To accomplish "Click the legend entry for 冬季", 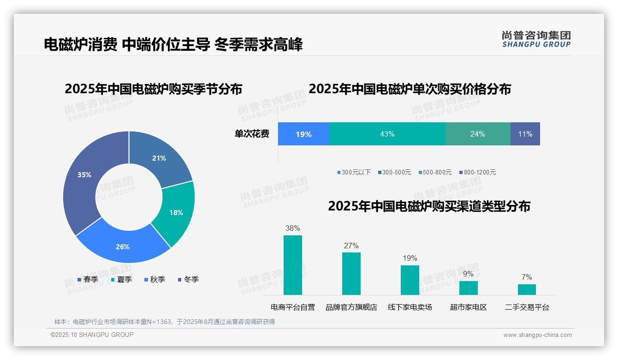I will pos(188,279).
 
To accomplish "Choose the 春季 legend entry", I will pos(87,279).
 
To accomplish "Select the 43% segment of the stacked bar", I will pos(387,134).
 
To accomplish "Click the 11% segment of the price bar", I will pos(525,134).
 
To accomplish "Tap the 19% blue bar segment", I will pos(303,134).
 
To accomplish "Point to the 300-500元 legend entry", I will pos(394,172).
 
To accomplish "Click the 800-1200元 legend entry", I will pos(477,172).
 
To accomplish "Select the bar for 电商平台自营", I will pos(292,265).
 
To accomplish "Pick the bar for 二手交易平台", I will pos(527,289).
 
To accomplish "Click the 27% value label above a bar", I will pos(351,246).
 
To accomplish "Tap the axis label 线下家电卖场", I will pos(410,307).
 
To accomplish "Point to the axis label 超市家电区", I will pos(468,307).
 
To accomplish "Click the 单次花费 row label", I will pos(252,134).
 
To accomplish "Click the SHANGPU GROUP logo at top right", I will pos(536,39).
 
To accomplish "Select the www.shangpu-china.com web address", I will pos(537,335).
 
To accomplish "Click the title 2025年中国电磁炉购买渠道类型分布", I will pos(429,206).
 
